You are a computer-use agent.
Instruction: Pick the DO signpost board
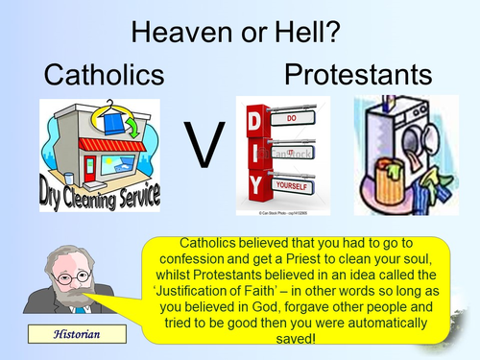tap(295, 117)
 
